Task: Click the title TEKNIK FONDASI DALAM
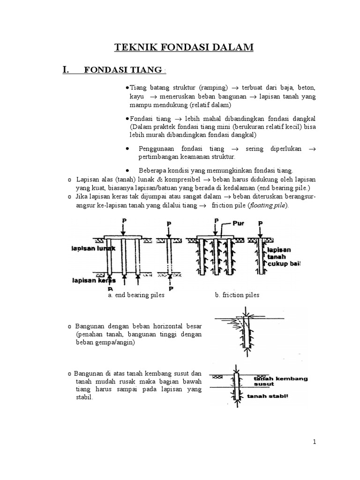(x=184, y=47)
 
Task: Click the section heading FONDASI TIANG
(x=124, y=70)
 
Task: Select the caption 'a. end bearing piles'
(x=136, y=295)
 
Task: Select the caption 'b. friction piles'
(x=237, y=295)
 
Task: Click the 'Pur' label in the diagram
(x=239, y=223)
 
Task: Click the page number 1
(x=315, y=441)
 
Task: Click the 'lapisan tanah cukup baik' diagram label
(x=281, y=257)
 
